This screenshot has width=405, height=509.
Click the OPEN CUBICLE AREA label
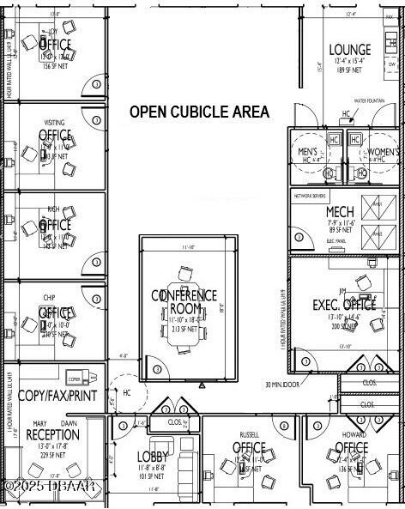199,112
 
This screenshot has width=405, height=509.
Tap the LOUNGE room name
349,50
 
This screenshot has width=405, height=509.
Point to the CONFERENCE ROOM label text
184,301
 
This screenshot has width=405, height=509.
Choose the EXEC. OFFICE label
344,304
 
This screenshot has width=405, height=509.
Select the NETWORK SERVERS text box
311,196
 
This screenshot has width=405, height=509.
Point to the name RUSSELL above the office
250,434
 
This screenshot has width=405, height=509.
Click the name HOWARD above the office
354,435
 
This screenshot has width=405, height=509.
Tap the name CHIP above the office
50,299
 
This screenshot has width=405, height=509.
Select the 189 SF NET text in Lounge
349,70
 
